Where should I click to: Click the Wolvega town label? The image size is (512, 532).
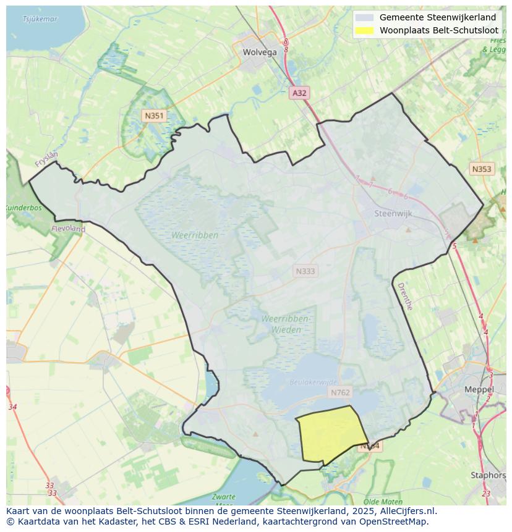(260, 52)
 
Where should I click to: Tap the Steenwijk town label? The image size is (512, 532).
(393, 214)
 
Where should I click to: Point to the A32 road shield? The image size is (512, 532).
(299, 93)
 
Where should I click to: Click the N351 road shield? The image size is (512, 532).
(153, 116)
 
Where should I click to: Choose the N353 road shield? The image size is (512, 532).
(481, 169)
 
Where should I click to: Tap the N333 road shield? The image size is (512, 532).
(305, 271)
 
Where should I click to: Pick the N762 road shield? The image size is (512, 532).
(340, 392)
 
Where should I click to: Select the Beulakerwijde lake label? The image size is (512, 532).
(314, 382)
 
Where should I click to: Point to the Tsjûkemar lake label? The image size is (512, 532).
(40, 19)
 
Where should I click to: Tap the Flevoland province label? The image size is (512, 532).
(69, 229)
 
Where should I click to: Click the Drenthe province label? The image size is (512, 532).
(404, 296)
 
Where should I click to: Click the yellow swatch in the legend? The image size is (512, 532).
(365, 30)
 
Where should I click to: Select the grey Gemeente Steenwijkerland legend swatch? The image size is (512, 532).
(365, 17)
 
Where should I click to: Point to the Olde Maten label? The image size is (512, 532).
(380, 501)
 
